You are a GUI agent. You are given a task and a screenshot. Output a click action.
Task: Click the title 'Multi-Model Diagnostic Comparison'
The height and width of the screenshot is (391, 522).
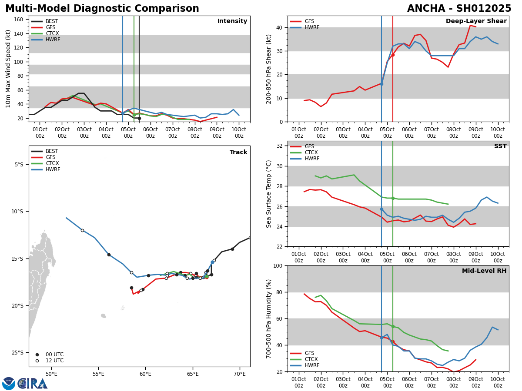[x=102, y=9]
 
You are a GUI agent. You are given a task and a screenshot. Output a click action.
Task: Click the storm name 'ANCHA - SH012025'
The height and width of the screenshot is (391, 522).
[x=459, y=9]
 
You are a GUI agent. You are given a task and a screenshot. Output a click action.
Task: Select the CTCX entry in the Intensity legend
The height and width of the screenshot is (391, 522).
[x=52, y=33]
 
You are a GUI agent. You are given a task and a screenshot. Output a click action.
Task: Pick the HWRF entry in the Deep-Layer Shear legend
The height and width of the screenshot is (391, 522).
[x=312, y=27]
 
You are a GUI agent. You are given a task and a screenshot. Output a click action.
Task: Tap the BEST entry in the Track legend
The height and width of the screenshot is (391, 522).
[x=52, y=151]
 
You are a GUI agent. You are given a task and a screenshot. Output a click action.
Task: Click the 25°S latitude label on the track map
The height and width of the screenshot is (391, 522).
[x=19, y=352]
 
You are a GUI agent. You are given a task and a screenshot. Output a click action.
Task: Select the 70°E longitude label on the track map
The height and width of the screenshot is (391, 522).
[x=239, y=374]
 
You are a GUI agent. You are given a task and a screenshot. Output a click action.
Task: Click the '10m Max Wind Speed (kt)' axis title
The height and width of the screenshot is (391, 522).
[x=8, y=69]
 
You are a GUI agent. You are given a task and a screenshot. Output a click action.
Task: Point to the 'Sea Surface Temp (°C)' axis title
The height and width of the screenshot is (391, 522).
[x=269, y=194]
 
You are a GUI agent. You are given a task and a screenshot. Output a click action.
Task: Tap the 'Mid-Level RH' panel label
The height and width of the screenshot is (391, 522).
[x=484, y=271]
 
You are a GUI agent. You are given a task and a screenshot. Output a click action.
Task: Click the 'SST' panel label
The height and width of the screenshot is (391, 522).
[x=500, y=146]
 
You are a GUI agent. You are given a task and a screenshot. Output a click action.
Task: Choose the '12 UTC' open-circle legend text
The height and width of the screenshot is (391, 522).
[x=54, y=361]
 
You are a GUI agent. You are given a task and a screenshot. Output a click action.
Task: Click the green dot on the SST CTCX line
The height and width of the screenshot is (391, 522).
[x=393, y=198]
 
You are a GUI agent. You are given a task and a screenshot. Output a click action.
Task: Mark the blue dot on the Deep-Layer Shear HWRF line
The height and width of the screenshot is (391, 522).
[x=381, y=84]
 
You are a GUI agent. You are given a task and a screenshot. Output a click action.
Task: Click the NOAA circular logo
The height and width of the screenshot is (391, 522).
[x=9, y=383]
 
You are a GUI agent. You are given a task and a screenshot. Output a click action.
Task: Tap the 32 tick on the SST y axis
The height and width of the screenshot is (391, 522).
[x=279, y=146]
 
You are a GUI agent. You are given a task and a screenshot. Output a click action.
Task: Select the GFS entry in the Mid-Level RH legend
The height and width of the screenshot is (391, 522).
[x=309, y=353]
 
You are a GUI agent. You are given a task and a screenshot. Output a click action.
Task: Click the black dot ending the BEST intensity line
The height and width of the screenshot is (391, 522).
[x=139, y=118]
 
